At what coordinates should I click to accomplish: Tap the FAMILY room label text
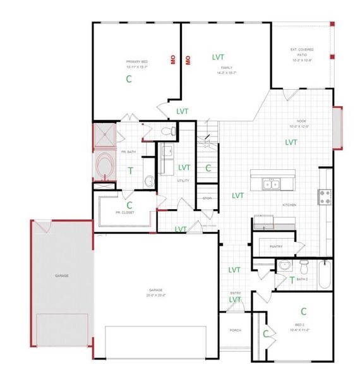point(227,69)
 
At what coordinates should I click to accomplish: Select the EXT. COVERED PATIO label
point(302,52)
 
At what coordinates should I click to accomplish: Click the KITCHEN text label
point(289,205)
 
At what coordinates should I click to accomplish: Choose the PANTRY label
point(275,246)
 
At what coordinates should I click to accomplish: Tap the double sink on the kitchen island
point(272,184)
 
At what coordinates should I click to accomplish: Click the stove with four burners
point(325,197)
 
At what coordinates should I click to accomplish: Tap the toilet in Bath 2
point(304,263)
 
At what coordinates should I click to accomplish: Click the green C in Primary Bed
point(129,79)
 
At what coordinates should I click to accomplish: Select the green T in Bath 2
point(291,279)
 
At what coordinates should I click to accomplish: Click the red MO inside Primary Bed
point(172,59)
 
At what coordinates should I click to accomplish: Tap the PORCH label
point(235,330)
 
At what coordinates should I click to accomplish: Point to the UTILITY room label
point(168,180)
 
